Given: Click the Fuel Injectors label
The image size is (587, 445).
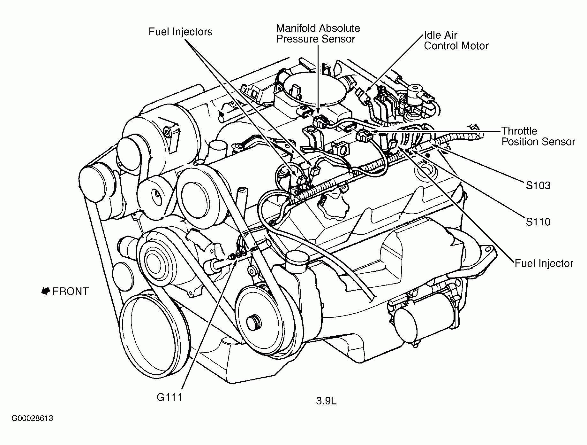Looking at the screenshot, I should [x=180, y=32].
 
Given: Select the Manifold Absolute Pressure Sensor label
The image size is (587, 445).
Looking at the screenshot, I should [x=318, y=34].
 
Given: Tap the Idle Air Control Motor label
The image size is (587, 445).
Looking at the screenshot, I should [x=456, y=41].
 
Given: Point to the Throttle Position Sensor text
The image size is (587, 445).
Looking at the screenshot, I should [x=538, y=137].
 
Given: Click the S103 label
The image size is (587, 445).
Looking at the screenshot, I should [x=538, y=185].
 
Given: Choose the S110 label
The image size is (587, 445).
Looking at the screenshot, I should [x=538, y=222].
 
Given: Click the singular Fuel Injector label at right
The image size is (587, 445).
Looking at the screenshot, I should [x=544, y=263].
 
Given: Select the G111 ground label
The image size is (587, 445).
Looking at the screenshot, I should [x=169, y=397].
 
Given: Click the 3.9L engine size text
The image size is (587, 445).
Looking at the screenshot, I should [x=326, y=401].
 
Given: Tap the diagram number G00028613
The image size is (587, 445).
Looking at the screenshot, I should [x=32, y=418].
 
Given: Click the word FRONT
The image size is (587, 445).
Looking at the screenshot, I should [x=71, y=292].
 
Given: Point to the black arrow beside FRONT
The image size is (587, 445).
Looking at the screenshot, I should [x=45, y=291].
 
